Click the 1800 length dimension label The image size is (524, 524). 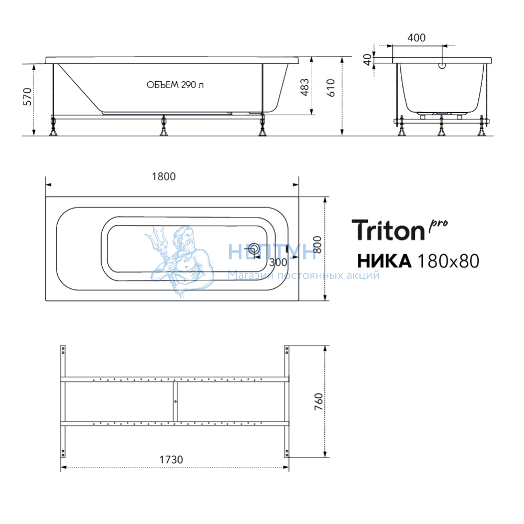click(x=163, y=177)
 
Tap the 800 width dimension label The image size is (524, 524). click(x=318, y=245)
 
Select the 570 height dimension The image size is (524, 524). click(x=27, y=97)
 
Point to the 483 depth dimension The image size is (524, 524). click(x=304, y=87)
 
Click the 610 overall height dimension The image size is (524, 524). click(x=330, y=88)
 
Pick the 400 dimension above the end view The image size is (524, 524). click(x=417, y=38)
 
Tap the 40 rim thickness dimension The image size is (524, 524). click(x=367, y=60)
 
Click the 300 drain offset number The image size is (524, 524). click(x=278, y=263)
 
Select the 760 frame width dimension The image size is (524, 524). click(x=319, y=402)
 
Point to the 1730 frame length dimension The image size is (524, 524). click(x=171, y=460)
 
